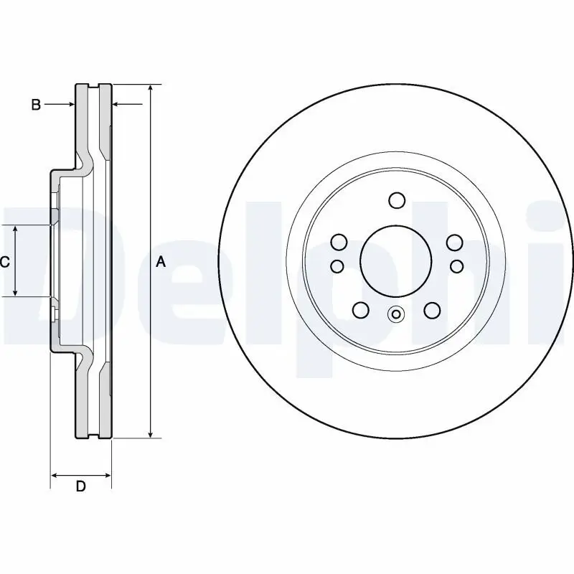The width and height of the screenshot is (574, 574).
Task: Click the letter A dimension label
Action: pos(161,262)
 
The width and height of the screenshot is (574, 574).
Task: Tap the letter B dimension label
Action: pos(36,105)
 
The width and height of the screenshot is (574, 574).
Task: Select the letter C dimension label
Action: pos(4,262)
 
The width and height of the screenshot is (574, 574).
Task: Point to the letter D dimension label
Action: pos(81,486)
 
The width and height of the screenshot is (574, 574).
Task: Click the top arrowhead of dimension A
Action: pos(150,88)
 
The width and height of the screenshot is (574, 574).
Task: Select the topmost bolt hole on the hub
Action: pos(397,199)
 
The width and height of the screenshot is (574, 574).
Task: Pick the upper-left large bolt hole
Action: pos(339,242)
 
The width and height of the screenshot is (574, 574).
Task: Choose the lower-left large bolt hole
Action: pos(361,310)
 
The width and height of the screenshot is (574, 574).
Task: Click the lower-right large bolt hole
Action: pos(431,310)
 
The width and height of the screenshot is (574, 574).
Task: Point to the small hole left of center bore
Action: pos(337,266)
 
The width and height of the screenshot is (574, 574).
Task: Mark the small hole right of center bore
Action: pos(456,266)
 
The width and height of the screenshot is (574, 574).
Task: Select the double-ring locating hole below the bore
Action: pos(396,314)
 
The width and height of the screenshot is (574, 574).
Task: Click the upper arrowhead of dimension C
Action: pos(16,228)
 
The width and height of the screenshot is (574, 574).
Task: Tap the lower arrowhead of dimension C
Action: pos(16,292)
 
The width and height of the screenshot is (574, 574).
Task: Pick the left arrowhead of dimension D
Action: pos(55,474)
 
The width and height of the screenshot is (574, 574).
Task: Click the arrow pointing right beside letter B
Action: pos(70,105)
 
